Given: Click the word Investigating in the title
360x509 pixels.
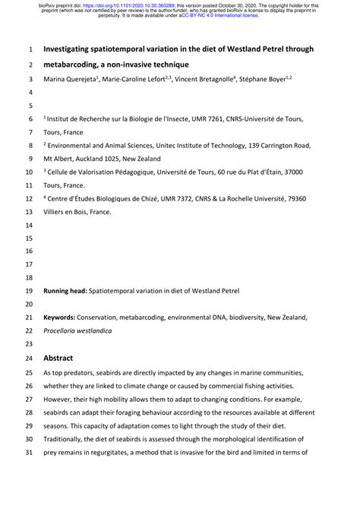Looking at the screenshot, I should [71, 49].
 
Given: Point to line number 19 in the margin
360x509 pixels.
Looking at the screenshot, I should [30, 291].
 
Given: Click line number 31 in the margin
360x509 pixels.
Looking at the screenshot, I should [30, 453].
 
